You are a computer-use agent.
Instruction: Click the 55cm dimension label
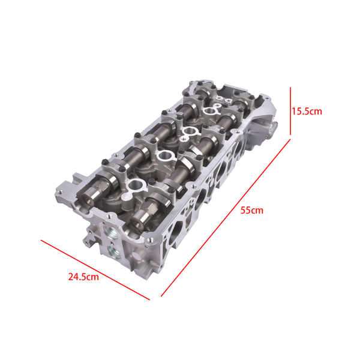pos(253,210)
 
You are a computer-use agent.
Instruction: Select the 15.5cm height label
pos(307,111)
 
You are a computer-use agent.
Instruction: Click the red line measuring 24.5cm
pos(95,269)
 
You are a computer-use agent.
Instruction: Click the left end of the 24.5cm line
pos(41,241)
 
